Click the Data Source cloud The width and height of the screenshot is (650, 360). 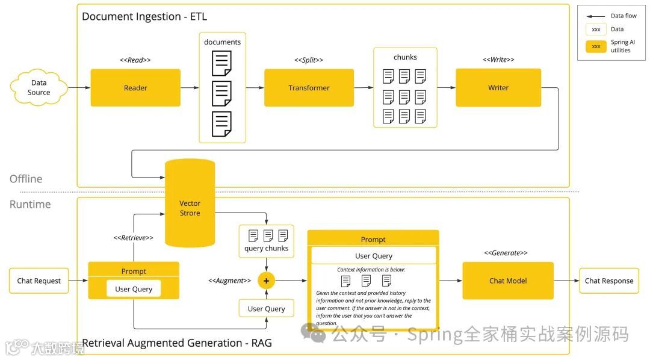(39, 88)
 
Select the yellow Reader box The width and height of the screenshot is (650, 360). (135, 88)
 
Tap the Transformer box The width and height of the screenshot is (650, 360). (309, 88)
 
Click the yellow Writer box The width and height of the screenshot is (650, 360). (498, 88)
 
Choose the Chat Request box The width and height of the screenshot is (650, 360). (39, 281)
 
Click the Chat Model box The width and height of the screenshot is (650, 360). (507, 281)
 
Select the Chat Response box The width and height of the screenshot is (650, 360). (608, 281)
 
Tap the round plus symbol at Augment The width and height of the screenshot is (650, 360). (266, 281)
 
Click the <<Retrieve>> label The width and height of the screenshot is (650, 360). (134, 238)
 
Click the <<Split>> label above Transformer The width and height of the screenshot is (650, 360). (309, 60)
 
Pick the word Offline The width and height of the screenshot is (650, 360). (26, 179)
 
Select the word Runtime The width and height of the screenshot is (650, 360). (30, 204)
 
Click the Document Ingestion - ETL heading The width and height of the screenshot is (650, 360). (144, 16)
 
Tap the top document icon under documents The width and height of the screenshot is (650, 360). (221, 63)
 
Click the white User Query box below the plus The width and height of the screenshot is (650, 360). (266, 309)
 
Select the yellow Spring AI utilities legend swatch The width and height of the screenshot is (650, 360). (596, 46)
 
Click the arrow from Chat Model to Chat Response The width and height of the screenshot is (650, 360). (566, 281)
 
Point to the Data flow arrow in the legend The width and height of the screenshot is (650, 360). (596, 16)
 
